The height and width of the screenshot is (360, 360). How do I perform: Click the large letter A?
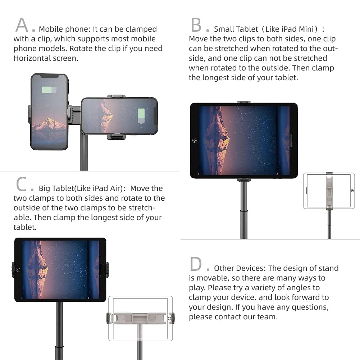[22, 24]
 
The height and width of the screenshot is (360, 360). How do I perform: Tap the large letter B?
[196, 24]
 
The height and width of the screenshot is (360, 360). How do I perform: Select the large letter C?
[22, 184]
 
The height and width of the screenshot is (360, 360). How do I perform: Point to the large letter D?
[196, 264]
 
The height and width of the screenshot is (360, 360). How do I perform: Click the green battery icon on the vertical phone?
[49, 90]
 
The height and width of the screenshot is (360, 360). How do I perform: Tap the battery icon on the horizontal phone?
[141, 116]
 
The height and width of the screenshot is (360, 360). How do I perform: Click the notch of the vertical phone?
[49, 76]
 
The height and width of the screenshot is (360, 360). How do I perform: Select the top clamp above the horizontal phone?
[116, 96]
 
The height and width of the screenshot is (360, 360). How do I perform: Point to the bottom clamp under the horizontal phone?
[117, 137]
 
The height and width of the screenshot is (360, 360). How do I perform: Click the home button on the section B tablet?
[195, 141]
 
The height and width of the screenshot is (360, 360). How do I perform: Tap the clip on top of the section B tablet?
[244, 102]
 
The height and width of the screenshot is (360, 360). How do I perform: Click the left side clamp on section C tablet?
[13, 270]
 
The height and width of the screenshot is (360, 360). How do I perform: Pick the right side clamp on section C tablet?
[107, 270]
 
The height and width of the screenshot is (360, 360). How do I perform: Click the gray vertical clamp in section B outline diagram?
[329, 191]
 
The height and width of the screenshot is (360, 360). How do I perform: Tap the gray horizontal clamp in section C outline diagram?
[141, 318]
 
